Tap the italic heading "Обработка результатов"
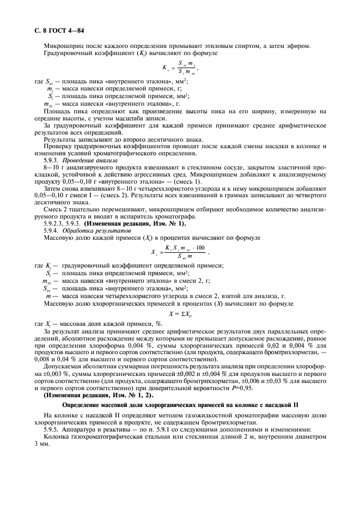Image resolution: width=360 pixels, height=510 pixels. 87,231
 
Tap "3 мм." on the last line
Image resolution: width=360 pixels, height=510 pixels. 41,442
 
